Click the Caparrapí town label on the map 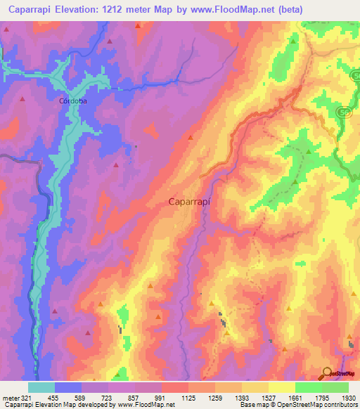191,201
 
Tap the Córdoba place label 72,100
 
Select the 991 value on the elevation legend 162,397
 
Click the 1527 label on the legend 267,397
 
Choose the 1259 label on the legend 215,397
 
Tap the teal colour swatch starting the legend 41,387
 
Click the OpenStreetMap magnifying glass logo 328,374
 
